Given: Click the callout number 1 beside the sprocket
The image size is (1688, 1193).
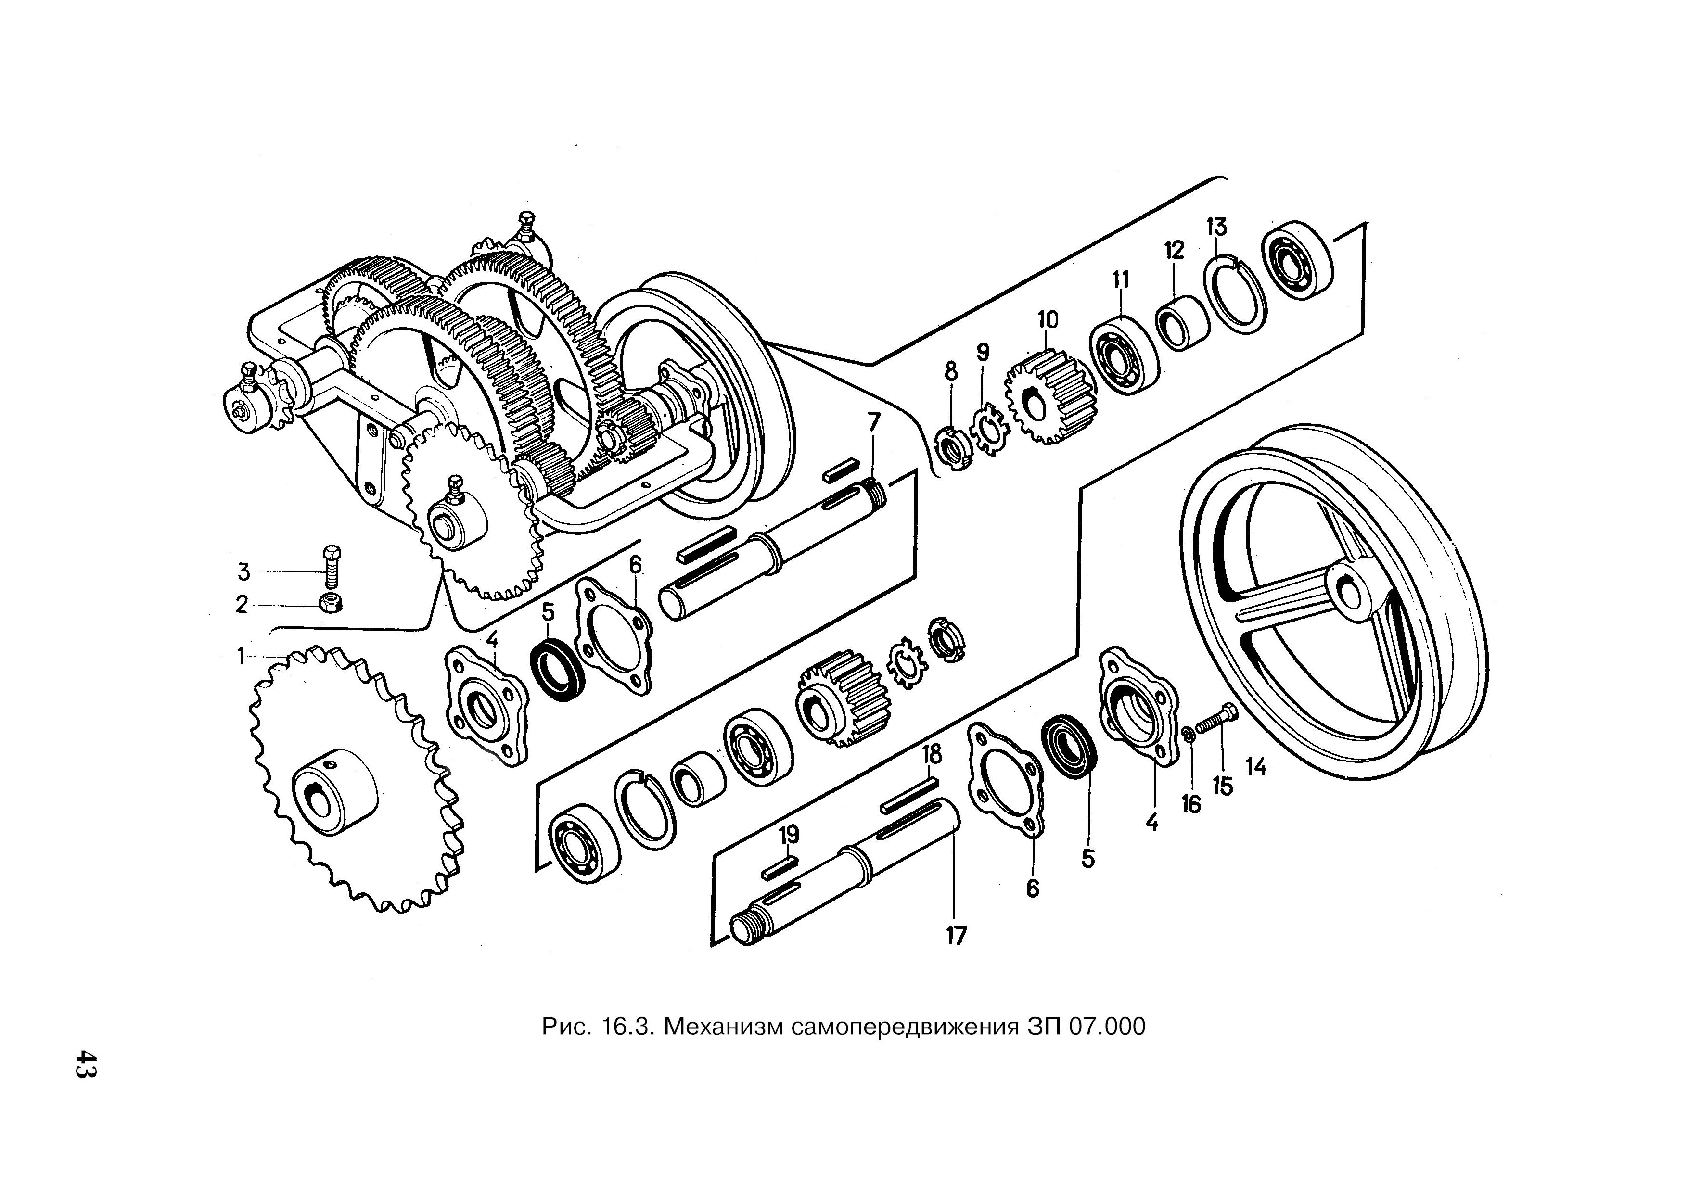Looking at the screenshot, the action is click(241, 655).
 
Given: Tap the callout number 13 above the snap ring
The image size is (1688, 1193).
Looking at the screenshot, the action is click(1217, 227).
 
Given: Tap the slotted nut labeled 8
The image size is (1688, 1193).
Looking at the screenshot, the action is click(952, 448).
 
